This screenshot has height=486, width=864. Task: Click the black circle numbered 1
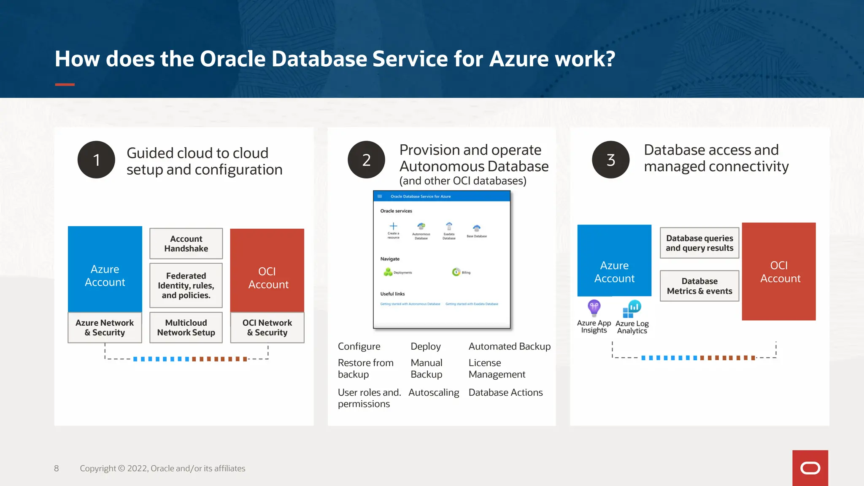coord(96,159)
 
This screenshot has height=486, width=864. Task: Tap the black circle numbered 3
coord(610,159)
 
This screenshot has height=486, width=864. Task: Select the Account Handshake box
coord(186,243)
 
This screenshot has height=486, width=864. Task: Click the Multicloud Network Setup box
coord(186,327)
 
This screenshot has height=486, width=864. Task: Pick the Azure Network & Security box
coord(105,327)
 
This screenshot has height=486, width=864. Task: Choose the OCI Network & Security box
coord(267,327)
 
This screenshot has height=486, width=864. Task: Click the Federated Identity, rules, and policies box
coord(186,286)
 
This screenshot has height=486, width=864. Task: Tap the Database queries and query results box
coord(699,243)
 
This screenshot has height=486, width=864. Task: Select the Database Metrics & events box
coord(699,286)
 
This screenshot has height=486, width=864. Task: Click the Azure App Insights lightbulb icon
coord(594,308)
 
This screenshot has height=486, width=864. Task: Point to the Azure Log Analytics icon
coord(632,309)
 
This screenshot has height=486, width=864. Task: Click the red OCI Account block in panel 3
coord(779,271)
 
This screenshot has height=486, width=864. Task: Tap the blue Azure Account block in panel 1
coord(105,269)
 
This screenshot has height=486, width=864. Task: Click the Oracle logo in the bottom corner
coord(810,468)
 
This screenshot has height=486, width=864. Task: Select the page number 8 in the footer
coord(57,468)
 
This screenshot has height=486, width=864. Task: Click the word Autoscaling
coord(434,392)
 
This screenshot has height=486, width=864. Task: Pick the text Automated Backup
coord(510,346)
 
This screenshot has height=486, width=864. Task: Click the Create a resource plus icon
coord(393,226)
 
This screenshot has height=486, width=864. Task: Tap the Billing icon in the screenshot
coord(456,272)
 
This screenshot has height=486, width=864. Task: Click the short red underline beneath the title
coord(65,84)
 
